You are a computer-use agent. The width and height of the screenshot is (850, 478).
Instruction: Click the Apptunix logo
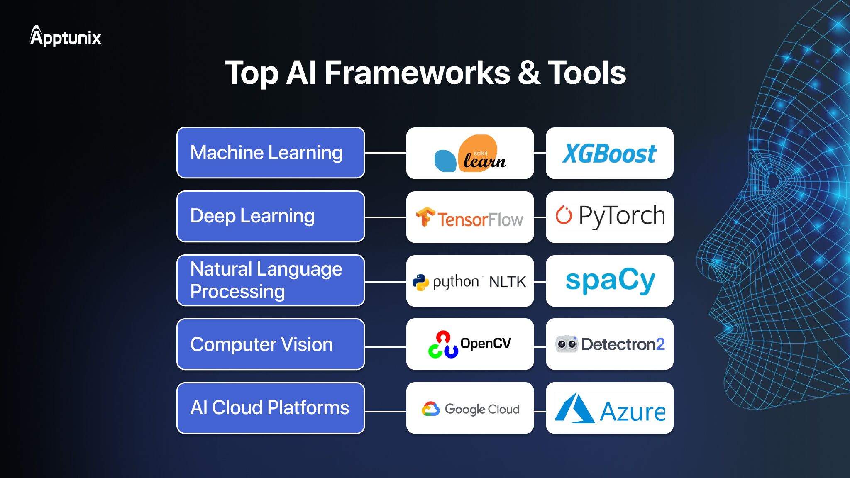coord(66,37)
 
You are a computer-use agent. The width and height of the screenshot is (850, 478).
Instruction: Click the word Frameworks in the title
coord(417,73)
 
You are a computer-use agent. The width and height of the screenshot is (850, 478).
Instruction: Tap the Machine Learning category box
coord(271,153)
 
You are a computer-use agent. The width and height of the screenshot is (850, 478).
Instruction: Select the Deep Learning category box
coord(271,217)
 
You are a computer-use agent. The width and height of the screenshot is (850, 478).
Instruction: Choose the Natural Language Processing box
coord(271,280)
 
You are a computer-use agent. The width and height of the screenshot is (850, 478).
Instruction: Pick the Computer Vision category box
coord(271,344)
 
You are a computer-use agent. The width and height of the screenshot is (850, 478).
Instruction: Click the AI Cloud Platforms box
coord(271,408)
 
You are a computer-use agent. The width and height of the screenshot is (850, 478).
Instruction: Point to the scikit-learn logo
coord(470,154)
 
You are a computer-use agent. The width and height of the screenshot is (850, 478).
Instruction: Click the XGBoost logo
coord(609,154)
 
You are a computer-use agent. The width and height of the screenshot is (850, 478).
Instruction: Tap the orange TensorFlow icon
coord(425,217)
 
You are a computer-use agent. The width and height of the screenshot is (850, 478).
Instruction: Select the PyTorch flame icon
coord(564,215)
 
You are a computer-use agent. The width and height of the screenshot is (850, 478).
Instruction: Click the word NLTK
coord(507,282)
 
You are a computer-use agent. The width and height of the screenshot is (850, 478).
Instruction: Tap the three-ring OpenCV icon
coord(443,345)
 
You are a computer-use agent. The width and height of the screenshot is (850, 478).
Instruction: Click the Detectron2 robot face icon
coord(567,344)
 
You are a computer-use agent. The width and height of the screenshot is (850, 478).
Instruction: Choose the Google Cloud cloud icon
coord(430,409)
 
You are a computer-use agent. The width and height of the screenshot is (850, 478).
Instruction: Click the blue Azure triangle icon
coord(574,409)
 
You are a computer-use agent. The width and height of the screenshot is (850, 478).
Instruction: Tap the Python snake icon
coord(420,282)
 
